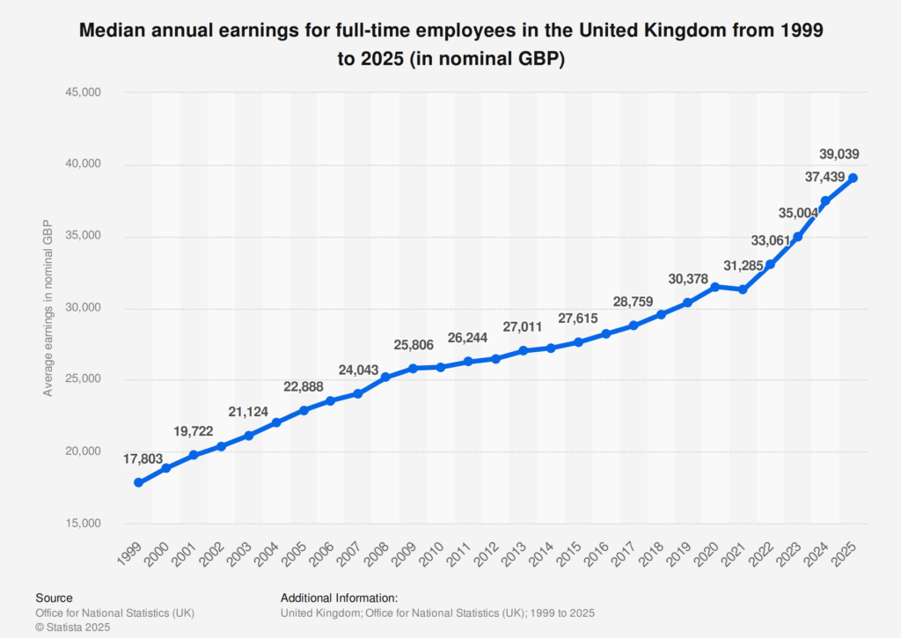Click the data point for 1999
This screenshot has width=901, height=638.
pos(139,482)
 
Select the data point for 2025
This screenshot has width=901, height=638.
pos(853,178)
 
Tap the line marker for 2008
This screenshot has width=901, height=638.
pos(385,377)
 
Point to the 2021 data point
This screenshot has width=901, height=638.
pos(743,290)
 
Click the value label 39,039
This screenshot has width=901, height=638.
pos(839,154)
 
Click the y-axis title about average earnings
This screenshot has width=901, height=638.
pos(48,308)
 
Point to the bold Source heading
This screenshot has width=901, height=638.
pos(54,598)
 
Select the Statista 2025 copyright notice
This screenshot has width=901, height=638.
pos(73,627)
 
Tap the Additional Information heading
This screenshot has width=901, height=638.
pos(340,598)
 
